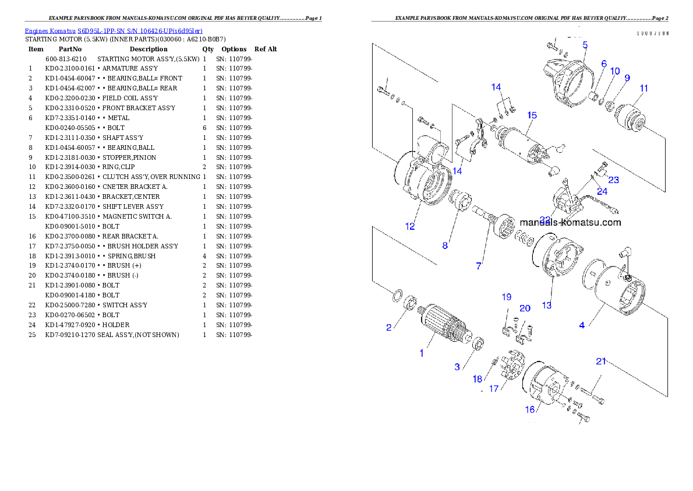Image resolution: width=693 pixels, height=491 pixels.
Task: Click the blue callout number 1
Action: click(422, 353)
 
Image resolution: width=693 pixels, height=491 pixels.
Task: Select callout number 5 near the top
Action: click(585, 44)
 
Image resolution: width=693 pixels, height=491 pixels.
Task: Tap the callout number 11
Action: click(643, 89)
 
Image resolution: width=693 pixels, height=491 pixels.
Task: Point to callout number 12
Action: click(411, 226)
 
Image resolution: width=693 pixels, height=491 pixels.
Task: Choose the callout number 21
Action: click(601, 362)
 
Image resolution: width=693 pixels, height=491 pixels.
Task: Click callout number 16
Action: click(530, 409)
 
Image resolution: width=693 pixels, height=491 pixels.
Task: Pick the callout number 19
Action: click(507, 297)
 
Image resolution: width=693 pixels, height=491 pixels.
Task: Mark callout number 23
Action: click(614, 180)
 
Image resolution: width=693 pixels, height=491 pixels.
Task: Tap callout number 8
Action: click(445, 246)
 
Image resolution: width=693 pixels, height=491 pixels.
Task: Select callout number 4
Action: click(582, 325)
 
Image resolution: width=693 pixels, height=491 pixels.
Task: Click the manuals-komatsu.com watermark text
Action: click(570, 222)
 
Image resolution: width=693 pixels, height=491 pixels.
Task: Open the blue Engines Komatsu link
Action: click(114, 31)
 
